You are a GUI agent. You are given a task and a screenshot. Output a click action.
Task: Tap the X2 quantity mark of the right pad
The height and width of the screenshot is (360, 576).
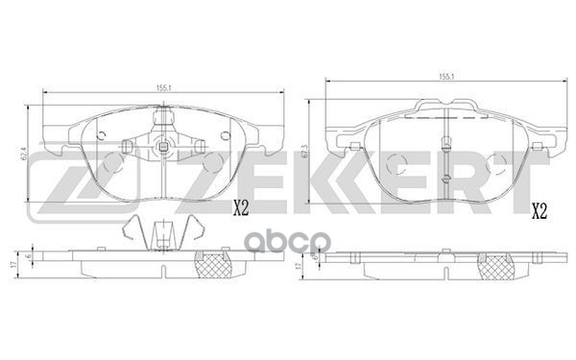540,209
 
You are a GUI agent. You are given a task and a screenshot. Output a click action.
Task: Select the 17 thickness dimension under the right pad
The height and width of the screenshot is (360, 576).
300,264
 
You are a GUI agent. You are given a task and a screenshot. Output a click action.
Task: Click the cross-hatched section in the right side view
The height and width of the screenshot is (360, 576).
497,267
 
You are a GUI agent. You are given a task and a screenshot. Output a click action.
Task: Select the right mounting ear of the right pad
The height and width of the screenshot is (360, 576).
556,144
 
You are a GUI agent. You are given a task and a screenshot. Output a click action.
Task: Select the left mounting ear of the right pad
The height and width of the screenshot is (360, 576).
338,144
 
